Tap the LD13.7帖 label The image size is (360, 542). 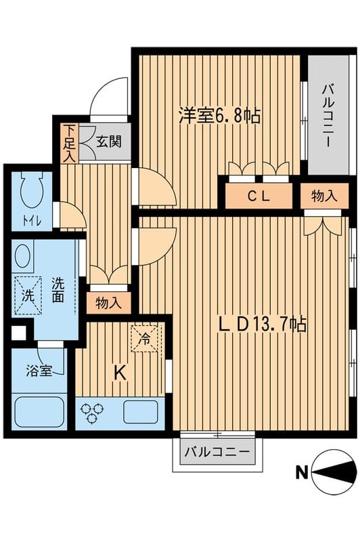point(263,325)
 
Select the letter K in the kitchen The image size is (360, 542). point(119,371)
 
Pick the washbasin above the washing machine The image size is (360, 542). point(23,258)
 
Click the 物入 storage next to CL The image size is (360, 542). point(325,197)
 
